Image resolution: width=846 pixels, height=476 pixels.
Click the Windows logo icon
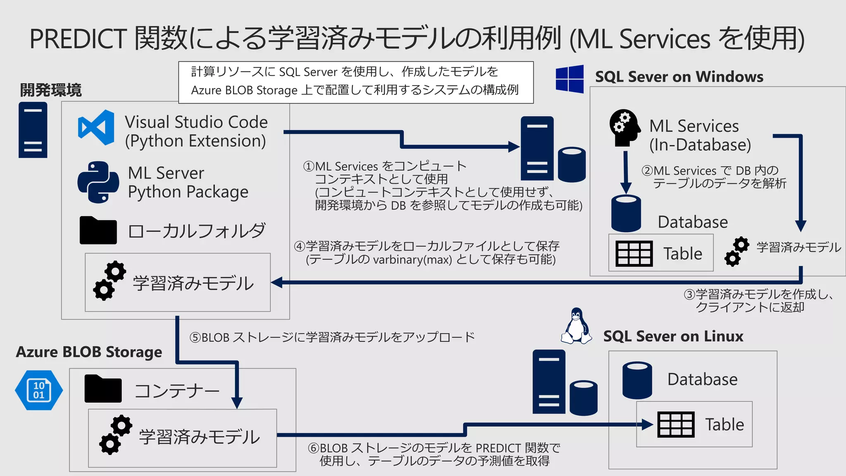570,79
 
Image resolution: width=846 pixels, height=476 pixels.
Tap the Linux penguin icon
576,326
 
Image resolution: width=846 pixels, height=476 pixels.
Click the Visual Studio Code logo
96,128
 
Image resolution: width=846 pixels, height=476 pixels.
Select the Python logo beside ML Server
98,182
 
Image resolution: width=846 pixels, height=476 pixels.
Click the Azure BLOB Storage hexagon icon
39,390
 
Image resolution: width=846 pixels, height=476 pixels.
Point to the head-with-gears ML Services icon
625,128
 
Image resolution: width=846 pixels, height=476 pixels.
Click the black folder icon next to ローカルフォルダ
98,231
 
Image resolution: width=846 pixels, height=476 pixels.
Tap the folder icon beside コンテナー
103,389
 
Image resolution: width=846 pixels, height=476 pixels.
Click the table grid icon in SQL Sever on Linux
675,424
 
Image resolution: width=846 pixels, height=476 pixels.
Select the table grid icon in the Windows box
634,253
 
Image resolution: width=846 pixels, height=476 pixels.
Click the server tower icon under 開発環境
33,130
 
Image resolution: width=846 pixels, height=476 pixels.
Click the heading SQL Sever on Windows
679,77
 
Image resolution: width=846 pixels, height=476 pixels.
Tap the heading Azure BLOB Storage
89,352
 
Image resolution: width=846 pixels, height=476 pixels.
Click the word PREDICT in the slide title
78,39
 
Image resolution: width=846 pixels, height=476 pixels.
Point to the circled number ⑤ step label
195,338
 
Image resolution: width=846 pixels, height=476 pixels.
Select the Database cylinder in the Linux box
637,381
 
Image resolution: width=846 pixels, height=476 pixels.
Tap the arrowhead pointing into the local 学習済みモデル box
276,283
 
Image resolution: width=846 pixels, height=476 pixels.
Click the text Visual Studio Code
196,122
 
